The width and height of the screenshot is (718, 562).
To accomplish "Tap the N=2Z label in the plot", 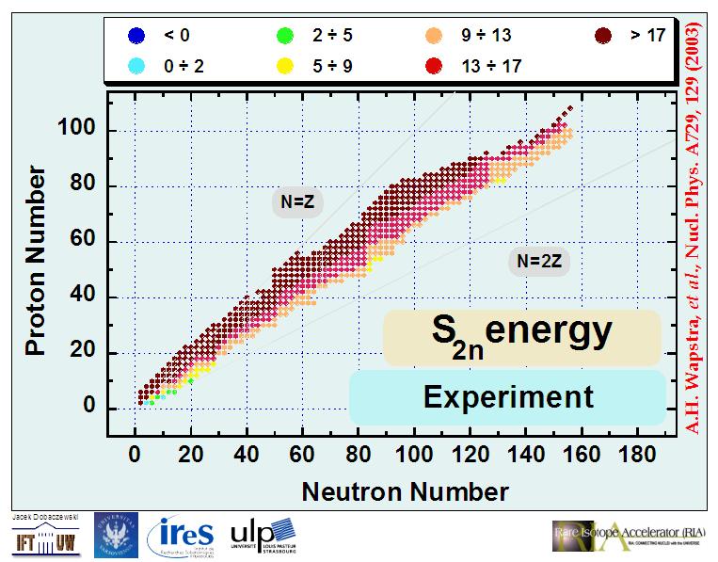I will [x=536, y=261].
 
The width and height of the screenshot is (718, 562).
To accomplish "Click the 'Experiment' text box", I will [x=508, y=396].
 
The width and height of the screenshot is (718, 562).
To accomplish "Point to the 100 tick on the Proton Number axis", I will [x=81, y=131].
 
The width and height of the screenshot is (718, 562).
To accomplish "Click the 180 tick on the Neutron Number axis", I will [x=639, y=456].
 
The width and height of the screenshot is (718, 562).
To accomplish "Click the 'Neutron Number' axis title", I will [x=405, y=490].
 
